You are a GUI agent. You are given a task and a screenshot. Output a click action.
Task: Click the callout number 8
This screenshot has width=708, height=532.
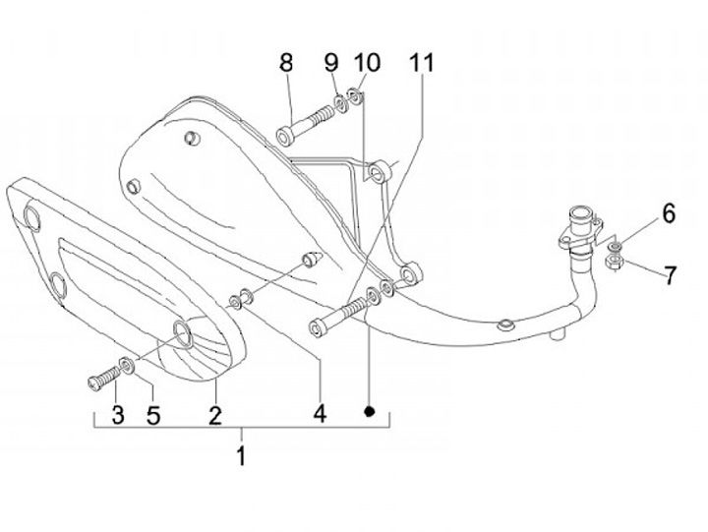(x=286, y=64)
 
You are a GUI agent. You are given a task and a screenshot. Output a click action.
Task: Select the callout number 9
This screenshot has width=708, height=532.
(x=331, y=63)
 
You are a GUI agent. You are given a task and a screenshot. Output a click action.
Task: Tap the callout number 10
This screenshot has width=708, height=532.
(x=366, y=63)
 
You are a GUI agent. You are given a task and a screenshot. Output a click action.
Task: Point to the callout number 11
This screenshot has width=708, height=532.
(x=422, y=63)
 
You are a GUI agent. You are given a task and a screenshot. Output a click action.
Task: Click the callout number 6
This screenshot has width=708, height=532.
(x=668, y=212)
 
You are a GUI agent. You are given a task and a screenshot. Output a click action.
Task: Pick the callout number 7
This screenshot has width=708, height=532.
(x=670, y=274)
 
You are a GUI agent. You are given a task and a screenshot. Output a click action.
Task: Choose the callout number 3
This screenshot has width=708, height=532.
(x=117, y=414)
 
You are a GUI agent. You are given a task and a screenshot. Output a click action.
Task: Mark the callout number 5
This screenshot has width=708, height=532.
(x=153, y=414)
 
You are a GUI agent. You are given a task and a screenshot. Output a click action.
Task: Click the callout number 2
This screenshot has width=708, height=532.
(x=214, y=414)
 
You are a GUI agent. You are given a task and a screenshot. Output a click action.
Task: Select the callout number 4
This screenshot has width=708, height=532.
(x=319, y=414)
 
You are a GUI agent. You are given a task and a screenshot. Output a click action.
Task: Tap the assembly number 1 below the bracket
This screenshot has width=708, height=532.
(x=241, y=455)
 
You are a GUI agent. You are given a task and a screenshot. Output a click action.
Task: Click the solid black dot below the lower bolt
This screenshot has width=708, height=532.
(x=371, y=410)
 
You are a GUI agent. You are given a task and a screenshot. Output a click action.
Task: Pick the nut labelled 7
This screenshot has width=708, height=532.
(x=613, y=262)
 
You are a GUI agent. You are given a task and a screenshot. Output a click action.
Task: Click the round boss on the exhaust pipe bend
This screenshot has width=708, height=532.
(x=504, y=324)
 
